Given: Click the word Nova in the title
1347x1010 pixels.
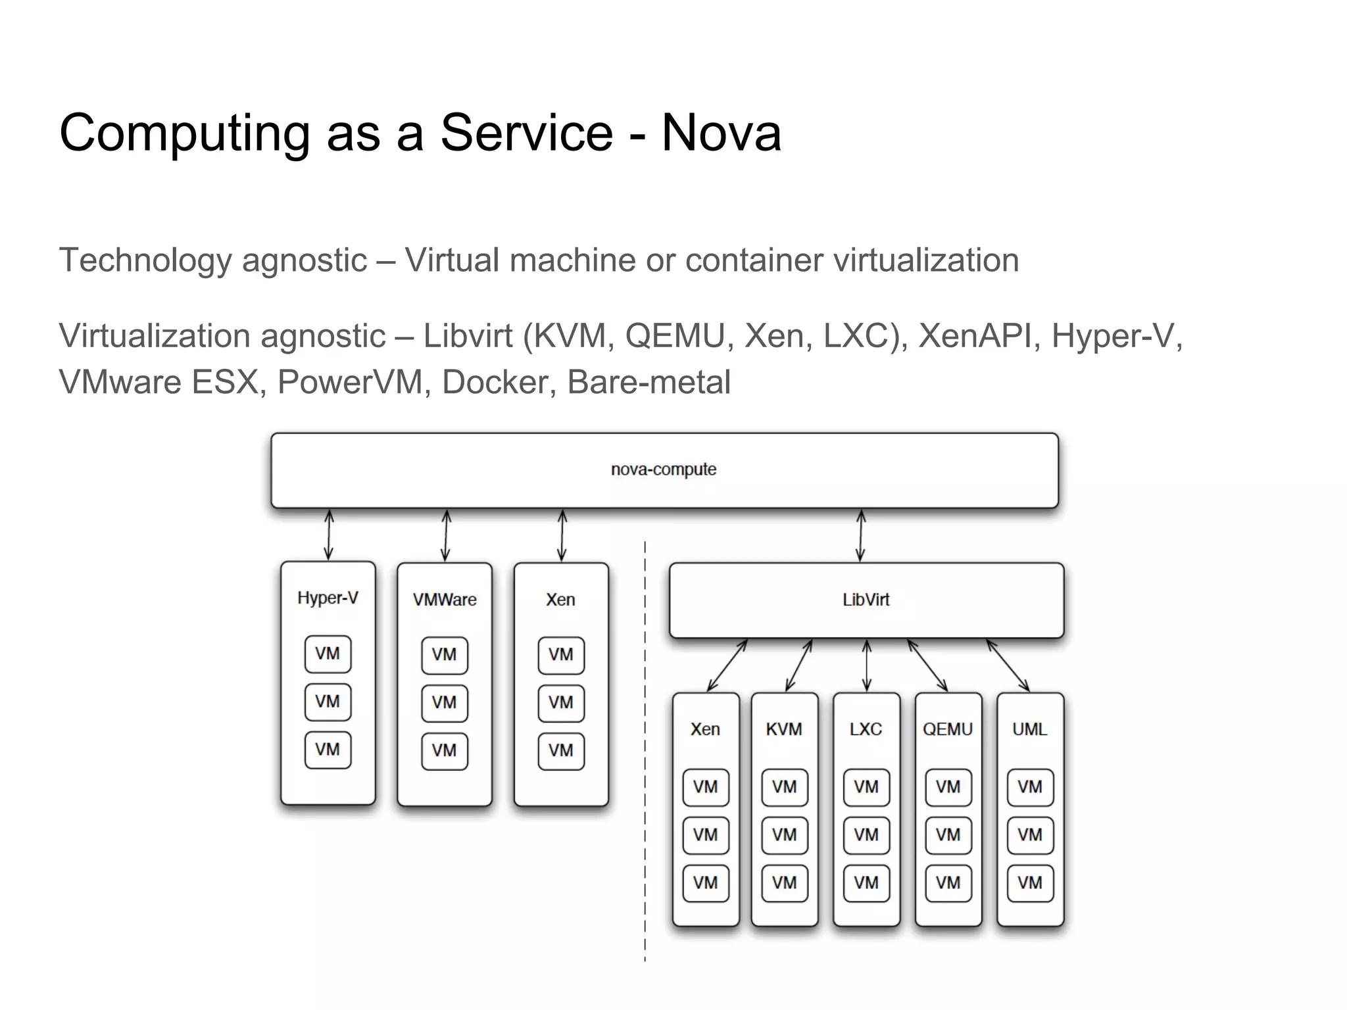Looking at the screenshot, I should [721, 133].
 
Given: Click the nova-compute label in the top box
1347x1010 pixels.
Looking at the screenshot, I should [663, 469].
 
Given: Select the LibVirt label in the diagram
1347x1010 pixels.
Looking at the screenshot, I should [866, 600].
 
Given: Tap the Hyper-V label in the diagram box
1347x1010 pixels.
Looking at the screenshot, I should [328, 598].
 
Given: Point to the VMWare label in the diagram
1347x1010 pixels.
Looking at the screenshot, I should [445, 600].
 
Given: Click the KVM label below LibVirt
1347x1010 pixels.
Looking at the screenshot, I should [784, 729].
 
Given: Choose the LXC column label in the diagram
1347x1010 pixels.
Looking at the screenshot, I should [866, 729].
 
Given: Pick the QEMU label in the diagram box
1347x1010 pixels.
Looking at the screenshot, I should [947, 729].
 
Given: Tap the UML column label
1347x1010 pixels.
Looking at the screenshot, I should [1029, 729].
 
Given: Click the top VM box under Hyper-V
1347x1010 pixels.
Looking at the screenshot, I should [328, 654].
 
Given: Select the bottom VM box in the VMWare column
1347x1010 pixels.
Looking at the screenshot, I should [445, 750].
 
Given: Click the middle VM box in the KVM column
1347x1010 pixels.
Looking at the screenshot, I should [784, 835].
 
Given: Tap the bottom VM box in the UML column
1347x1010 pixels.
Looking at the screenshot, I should [1030, 882].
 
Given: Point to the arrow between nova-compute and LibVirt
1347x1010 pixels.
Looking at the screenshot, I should [860, 535].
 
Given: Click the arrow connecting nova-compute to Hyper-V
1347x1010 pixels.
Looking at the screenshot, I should [329, 535].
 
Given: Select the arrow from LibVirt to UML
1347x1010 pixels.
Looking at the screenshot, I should [1008, 665].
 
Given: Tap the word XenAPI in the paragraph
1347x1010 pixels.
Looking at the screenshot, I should [975, 336].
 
